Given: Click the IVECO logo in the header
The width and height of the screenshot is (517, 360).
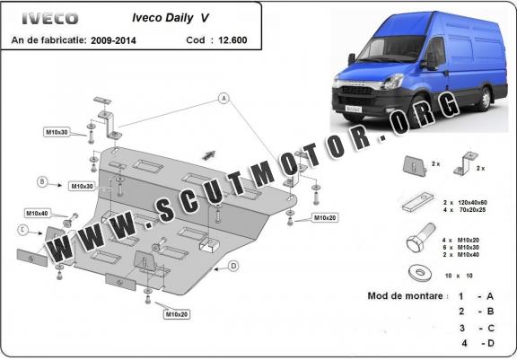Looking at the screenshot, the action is click(50, 19).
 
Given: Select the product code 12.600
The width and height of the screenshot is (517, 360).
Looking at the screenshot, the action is click(232, 40).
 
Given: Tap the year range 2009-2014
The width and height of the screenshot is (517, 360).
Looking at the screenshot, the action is click(113, 40).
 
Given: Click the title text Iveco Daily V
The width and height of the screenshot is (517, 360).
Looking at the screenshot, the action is click(171, 18).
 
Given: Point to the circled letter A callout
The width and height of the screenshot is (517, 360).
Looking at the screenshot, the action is click(223, 98).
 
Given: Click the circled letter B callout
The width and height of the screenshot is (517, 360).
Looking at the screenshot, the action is click(42, 181).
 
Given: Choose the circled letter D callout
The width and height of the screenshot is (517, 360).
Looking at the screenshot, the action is click(233, 266).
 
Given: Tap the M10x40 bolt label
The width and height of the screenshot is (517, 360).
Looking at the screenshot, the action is click(37, 214).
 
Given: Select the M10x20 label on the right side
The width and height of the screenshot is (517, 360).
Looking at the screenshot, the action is click(325, 217).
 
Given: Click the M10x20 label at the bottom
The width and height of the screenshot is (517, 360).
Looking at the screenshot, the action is click(177, 314).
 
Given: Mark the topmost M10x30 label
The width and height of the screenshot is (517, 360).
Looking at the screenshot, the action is click(57, 132).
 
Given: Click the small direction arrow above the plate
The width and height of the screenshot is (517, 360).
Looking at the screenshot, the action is click(208, 155).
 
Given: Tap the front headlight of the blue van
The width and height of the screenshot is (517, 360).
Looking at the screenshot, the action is click(392, 82).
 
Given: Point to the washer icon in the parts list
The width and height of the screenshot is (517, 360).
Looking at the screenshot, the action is click(419, 273).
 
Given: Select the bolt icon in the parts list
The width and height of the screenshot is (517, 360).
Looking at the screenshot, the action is click(421, 237).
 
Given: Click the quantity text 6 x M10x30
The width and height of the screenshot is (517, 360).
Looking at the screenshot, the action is click(461, 247).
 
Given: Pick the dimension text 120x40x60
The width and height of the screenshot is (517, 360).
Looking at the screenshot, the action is click(472, 202).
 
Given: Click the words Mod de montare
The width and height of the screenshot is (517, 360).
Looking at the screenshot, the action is click(405, 295).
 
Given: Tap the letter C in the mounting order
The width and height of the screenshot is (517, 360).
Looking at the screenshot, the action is click(491, 329).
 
